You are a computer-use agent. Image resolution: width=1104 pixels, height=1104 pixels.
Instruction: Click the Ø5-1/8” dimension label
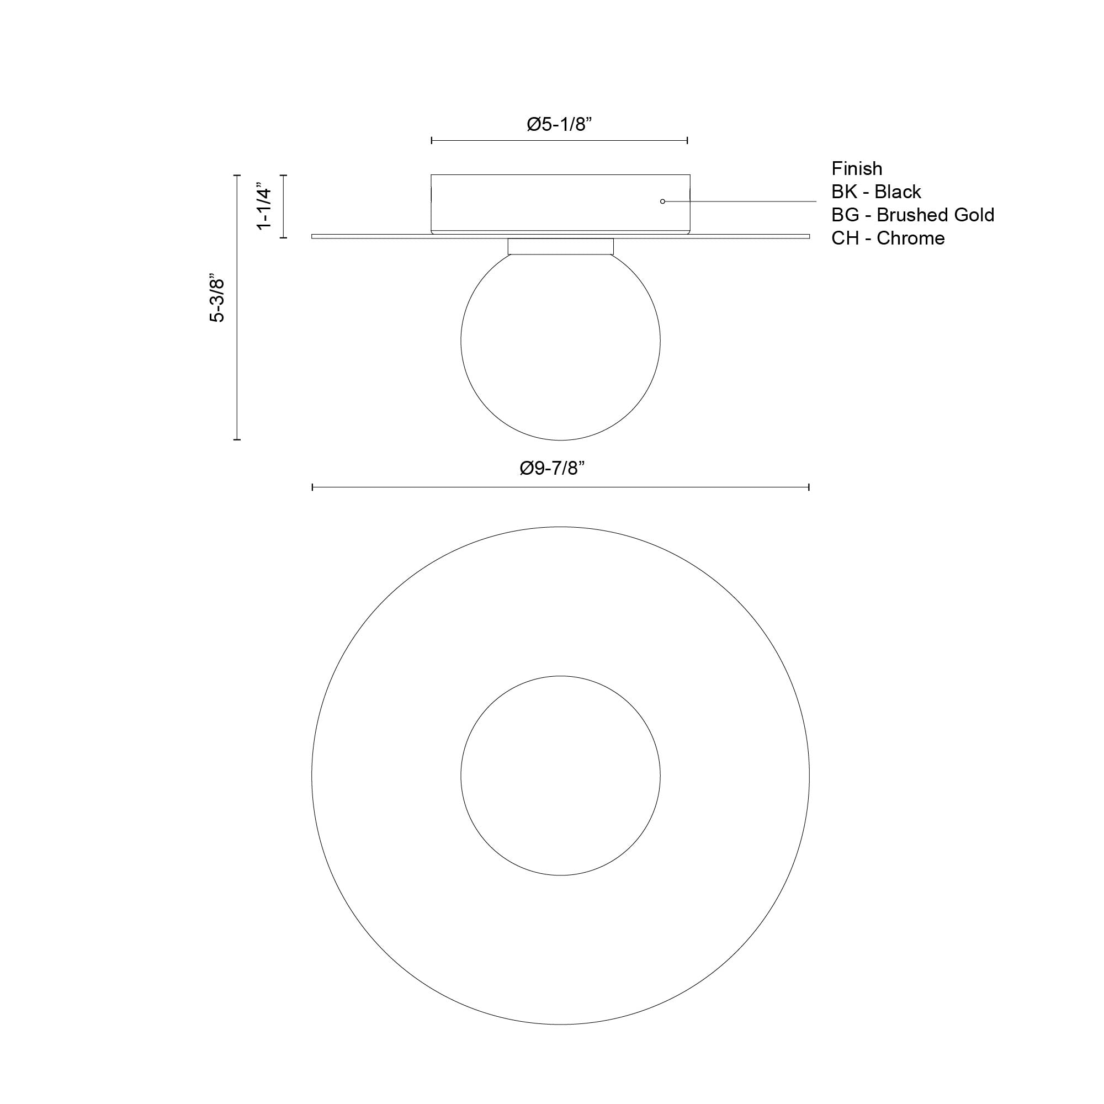[x=559, y=124]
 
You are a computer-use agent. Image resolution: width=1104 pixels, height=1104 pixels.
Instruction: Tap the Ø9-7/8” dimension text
[x=553, y=469]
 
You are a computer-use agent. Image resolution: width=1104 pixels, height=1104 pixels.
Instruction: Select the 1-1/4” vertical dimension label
[x=264, y=206]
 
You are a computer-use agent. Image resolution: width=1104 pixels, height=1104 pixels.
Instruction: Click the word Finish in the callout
[x=856, y=168]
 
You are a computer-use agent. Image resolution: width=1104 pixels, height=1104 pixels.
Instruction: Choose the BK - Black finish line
[x=875, y=192]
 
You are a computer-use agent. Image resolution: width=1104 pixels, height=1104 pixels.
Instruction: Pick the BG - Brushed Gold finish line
[x=912, y=215]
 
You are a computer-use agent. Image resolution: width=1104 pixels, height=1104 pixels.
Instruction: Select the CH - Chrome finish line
[x=888, y=238]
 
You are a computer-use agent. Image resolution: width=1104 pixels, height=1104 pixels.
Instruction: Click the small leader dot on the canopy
[x=662, y=201]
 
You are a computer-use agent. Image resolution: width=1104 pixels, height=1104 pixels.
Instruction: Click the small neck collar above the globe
[x=560, y=246]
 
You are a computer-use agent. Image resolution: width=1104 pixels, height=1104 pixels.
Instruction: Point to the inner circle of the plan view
[x=560, y=776]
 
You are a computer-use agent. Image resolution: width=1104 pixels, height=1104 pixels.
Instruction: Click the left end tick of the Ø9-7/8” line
[x=312, y=487]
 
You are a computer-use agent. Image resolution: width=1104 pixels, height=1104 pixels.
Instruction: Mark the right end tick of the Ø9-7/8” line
[x=809, y=487]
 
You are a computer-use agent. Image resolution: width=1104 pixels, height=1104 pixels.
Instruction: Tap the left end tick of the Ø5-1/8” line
[x=432, y=140]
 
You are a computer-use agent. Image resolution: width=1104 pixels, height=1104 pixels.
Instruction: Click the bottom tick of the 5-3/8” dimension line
[x=237, y=439]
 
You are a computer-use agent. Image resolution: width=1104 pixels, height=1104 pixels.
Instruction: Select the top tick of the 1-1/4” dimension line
[x=283, y=176]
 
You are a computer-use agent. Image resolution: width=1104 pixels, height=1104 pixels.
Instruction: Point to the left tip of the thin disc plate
[x=313, y=236]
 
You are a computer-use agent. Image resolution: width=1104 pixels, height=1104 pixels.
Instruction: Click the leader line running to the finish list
[x=743, y=201]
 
